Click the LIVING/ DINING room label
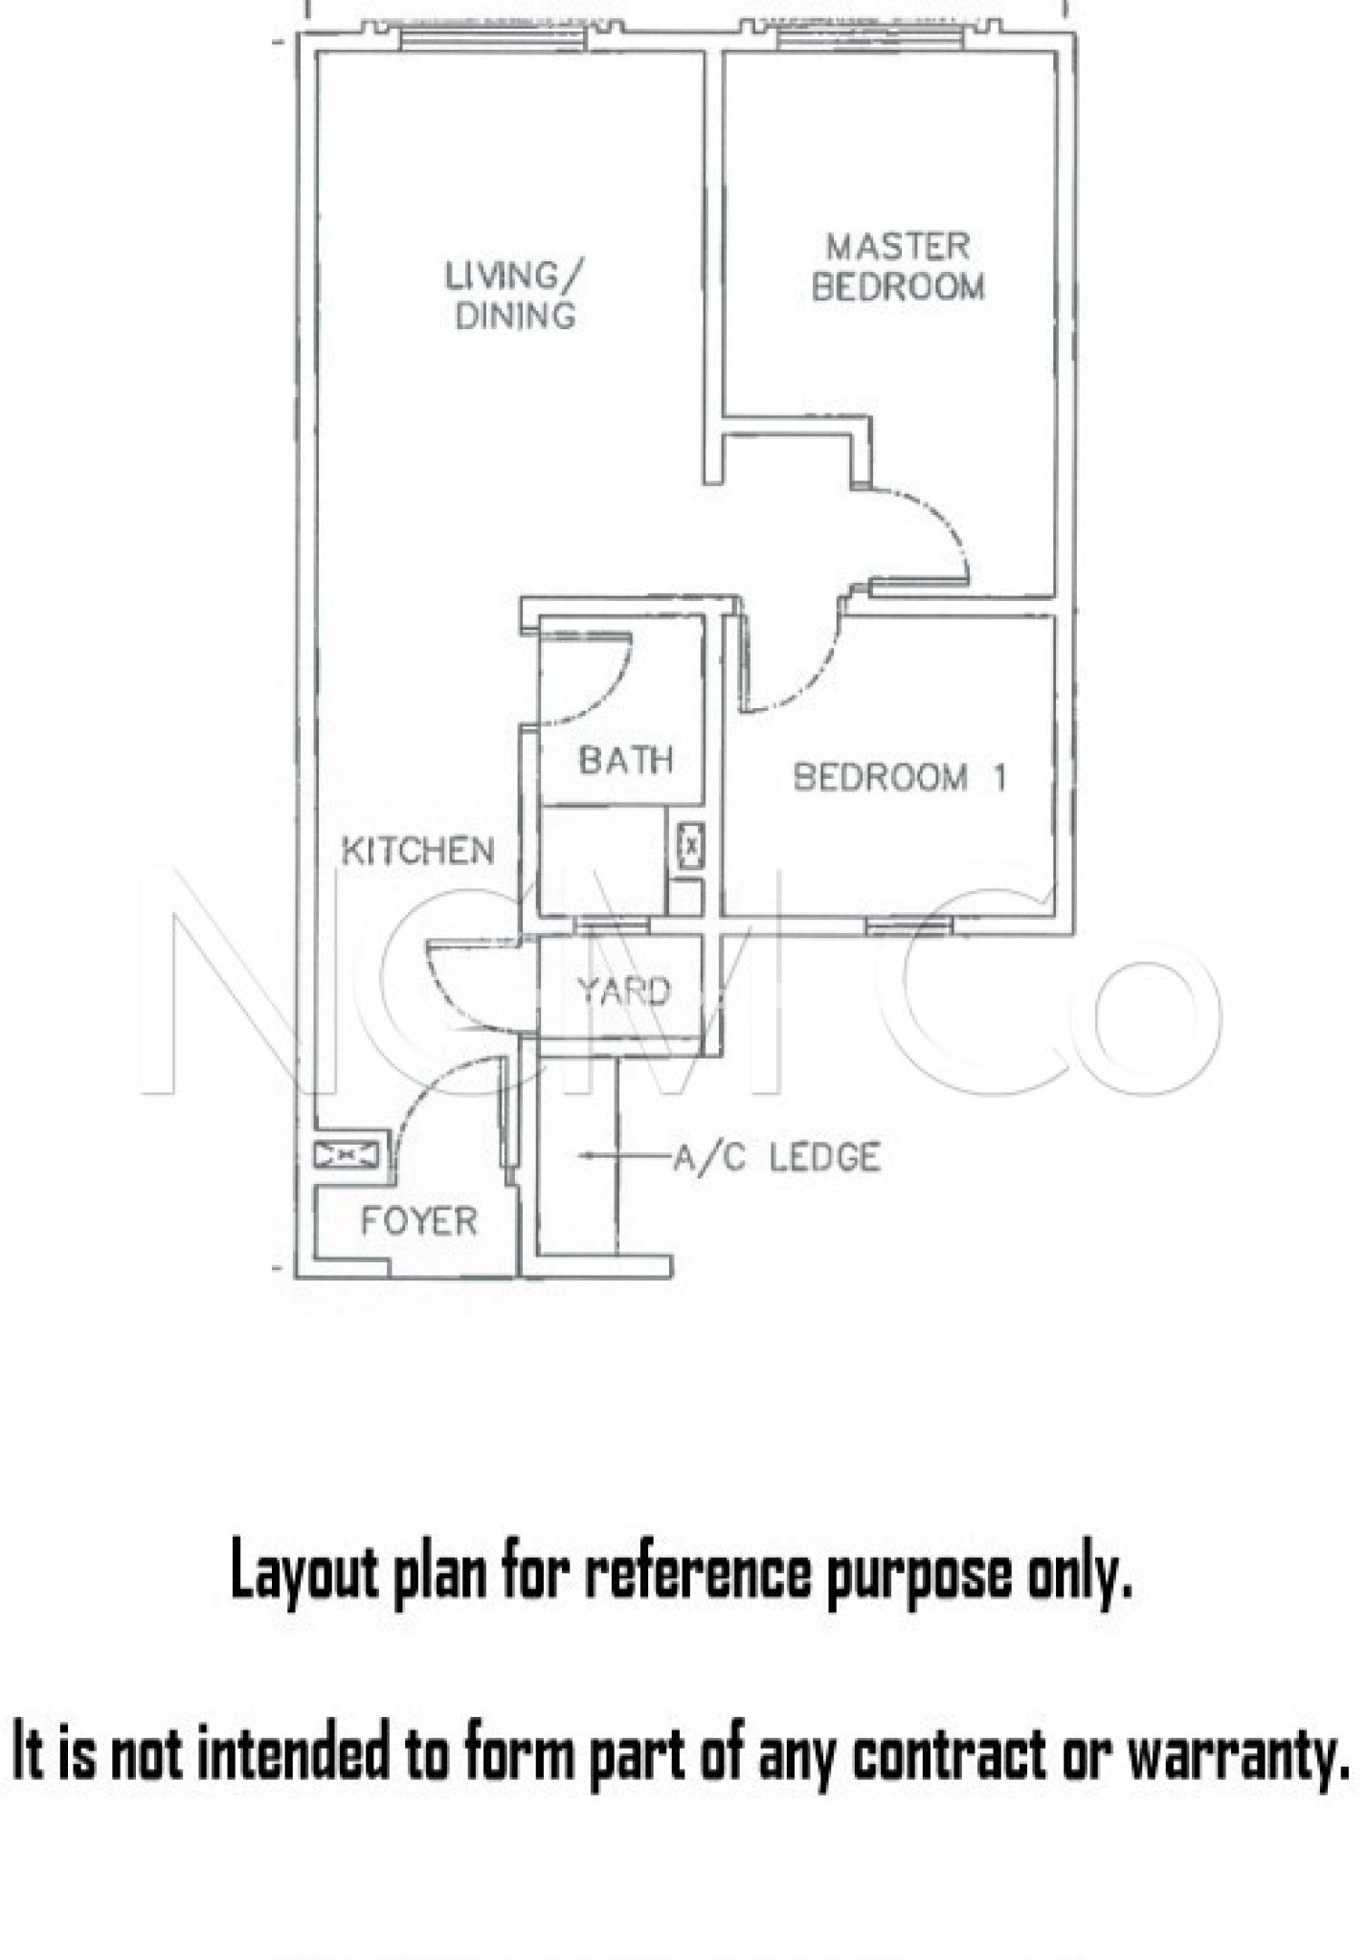[514, 295]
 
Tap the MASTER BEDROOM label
[898, 266]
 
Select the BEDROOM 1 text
[900, 777]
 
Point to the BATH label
[626, 760]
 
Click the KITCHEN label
[418, 851]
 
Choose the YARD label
[623, 991]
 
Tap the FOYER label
[418, 1221]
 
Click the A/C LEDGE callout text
[776, 1158]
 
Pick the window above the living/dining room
[492, 38]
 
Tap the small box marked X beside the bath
[691, 846]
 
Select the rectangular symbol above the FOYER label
[346, 1156]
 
